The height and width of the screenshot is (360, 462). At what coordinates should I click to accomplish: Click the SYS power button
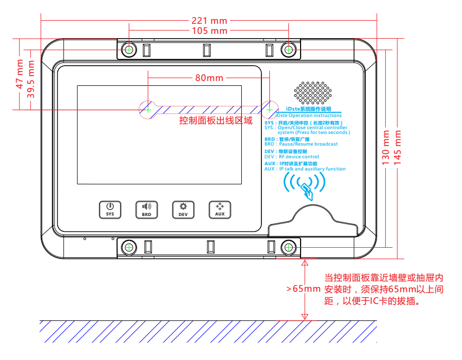click(110, 209)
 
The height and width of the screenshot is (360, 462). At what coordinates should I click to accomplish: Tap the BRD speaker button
click(147, 209)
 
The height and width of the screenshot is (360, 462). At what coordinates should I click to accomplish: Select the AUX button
click(220, 209)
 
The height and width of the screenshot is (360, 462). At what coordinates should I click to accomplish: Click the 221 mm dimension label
click(209, 21)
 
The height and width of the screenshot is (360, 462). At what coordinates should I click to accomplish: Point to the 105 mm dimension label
click(209, 31)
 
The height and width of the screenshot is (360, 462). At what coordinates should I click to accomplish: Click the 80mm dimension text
click(209, 78)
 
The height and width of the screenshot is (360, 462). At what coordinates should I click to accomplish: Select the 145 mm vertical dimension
click(398, 148)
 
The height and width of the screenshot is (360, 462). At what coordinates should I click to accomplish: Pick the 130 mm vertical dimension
click(386, 148)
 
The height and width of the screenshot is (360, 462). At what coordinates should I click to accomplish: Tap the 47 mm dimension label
click(20, 77)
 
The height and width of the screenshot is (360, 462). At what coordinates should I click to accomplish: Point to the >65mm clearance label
click(303, 289)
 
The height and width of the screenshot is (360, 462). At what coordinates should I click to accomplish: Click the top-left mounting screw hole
click(129, 50)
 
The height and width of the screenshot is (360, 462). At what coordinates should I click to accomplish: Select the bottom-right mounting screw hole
click(288, 247)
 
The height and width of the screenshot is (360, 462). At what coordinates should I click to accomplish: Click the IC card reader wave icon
click(305, 185)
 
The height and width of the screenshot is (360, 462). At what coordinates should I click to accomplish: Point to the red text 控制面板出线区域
click(216, 121)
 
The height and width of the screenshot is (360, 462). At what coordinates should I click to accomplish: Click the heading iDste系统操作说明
click(308, 109)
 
